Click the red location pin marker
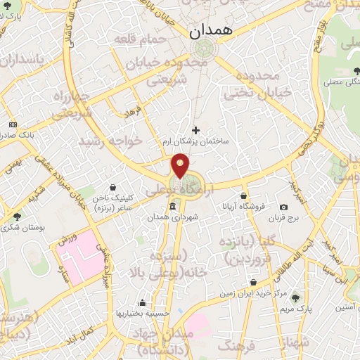point(181,166)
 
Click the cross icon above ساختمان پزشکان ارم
point(195,129)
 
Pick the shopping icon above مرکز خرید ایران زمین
point(253,282)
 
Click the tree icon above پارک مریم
point(295,298)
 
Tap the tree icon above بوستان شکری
point(17,216)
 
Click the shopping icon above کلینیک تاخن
point(115,186)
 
